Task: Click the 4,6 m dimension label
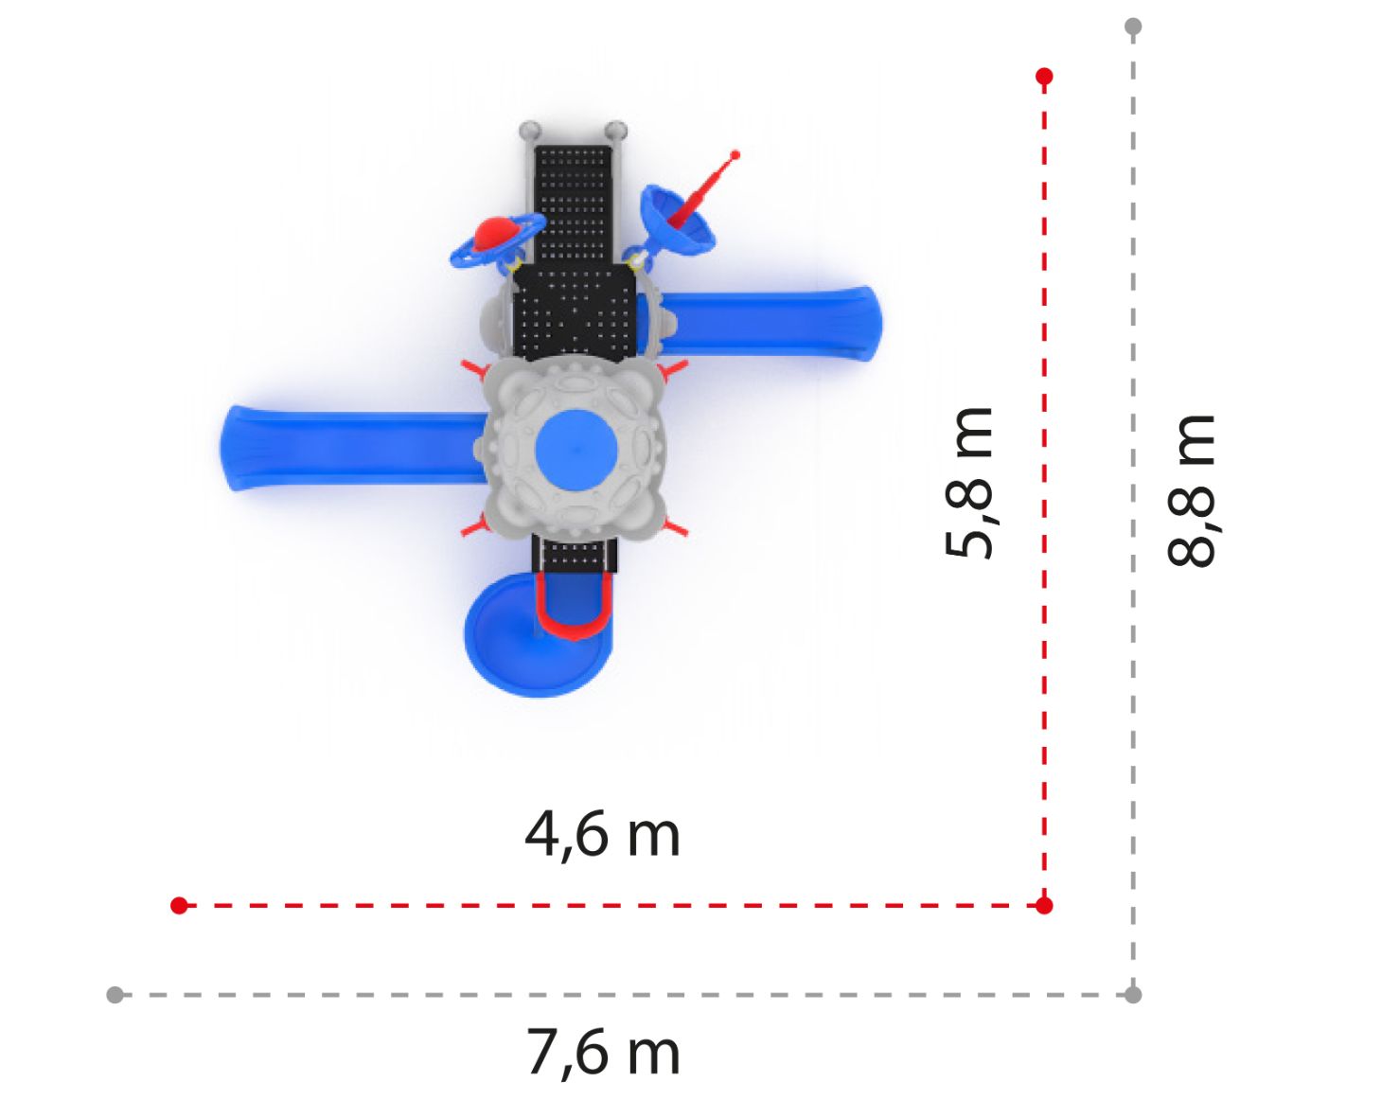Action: click(x=602, y=836)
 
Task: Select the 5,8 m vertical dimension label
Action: click(x=969, y=483)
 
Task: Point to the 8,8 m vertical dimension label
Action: click(x=1191, y=490)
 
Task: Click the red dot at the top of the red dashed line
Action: click(x=1044, y=77)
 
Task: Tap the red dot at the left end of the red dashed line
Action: click(x=179, y=905)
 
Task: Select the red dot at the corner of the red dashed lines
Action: click(x=1044, y=905)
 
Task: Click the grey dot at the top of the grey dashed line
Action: click(x=1133, y=27)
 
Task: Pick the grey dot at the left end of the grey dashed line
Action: click(x=115, y=995)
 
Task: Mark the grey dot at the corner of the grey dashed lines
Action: click(x=1133, y=995)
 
